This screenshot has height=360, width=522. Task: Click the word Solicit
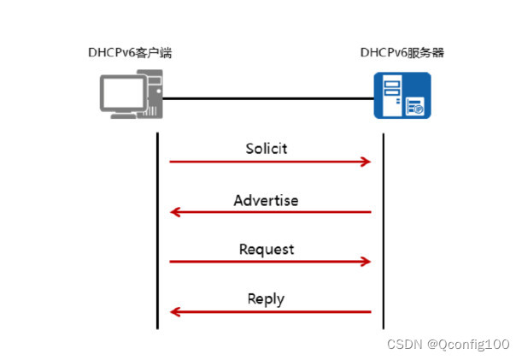pyautogui.click(x=266, y=149)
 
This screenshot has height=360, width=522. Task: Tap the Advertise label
pyautogui.click(x=266, y=200)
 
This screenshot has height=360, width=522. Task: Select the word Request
pyautogui.click(x=266, y=250)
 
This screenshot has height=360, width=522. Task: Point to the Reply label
pyautogui.click(x=266, y=299)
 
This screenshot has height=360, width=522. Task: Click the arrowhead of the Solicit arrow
pyautogui.click(x=367, y=162)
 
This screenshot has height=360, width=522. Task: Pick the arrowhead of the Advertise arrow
pyautogui.click(x=175, y=211)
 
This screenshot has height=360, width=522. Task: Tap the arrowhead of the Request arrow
pyautogui.click(x=367, y=262)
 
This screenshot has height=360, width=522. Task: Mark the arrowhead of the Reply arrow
pyautogui.click(x=175, y=312)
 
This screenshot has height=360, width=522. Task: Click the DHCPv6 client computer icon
pyautogui.click(x=129, y=97)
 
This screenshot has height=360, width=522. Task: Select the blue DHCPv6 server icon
pyautogui.click(x=402, y=96)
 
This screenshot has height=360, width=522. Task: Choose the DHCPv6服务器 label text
pyautogui.click(x=402, y=53)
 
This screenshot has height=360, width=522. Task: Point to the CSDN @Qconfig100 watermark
pyautogui.click(x=449, y=344)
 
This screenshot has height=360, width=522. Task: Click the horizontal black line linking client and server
pyautogui.click(x=265, y=98)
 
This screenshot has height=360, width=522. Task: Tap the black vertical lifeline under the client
pyautogui.click(x=158, y=231)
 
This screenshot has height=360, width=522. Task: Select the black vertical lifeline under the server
pyautogui.click(x=383, y=231)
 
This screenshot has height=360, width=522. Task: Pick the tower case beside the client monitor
pyautogui.click(x=151, y=97)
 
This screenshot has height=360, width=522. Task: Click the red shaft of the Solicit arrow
pyautogui.click(x=266, y=162)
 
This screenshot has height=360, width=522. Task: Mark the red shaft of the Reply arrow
pyautogui.click(x=273, y=312)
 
